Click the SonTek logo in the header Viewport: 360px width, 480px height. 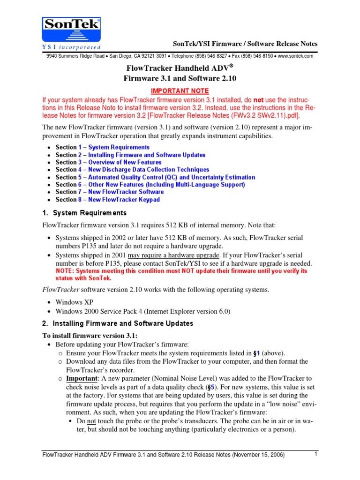coord(71,33)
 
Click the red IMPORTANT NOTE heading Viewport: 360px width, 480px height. coord(180,90)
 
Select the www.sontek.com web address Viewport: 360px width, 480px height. coord(295,56)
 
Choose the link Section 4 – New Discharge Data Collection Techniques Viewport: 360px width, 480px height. coord(132,170)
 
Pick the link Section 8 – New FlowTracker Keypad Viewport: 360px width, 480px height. coord(107,200)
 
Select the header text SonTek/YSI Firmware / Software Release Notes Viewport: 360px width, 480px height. coord(245,44)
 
